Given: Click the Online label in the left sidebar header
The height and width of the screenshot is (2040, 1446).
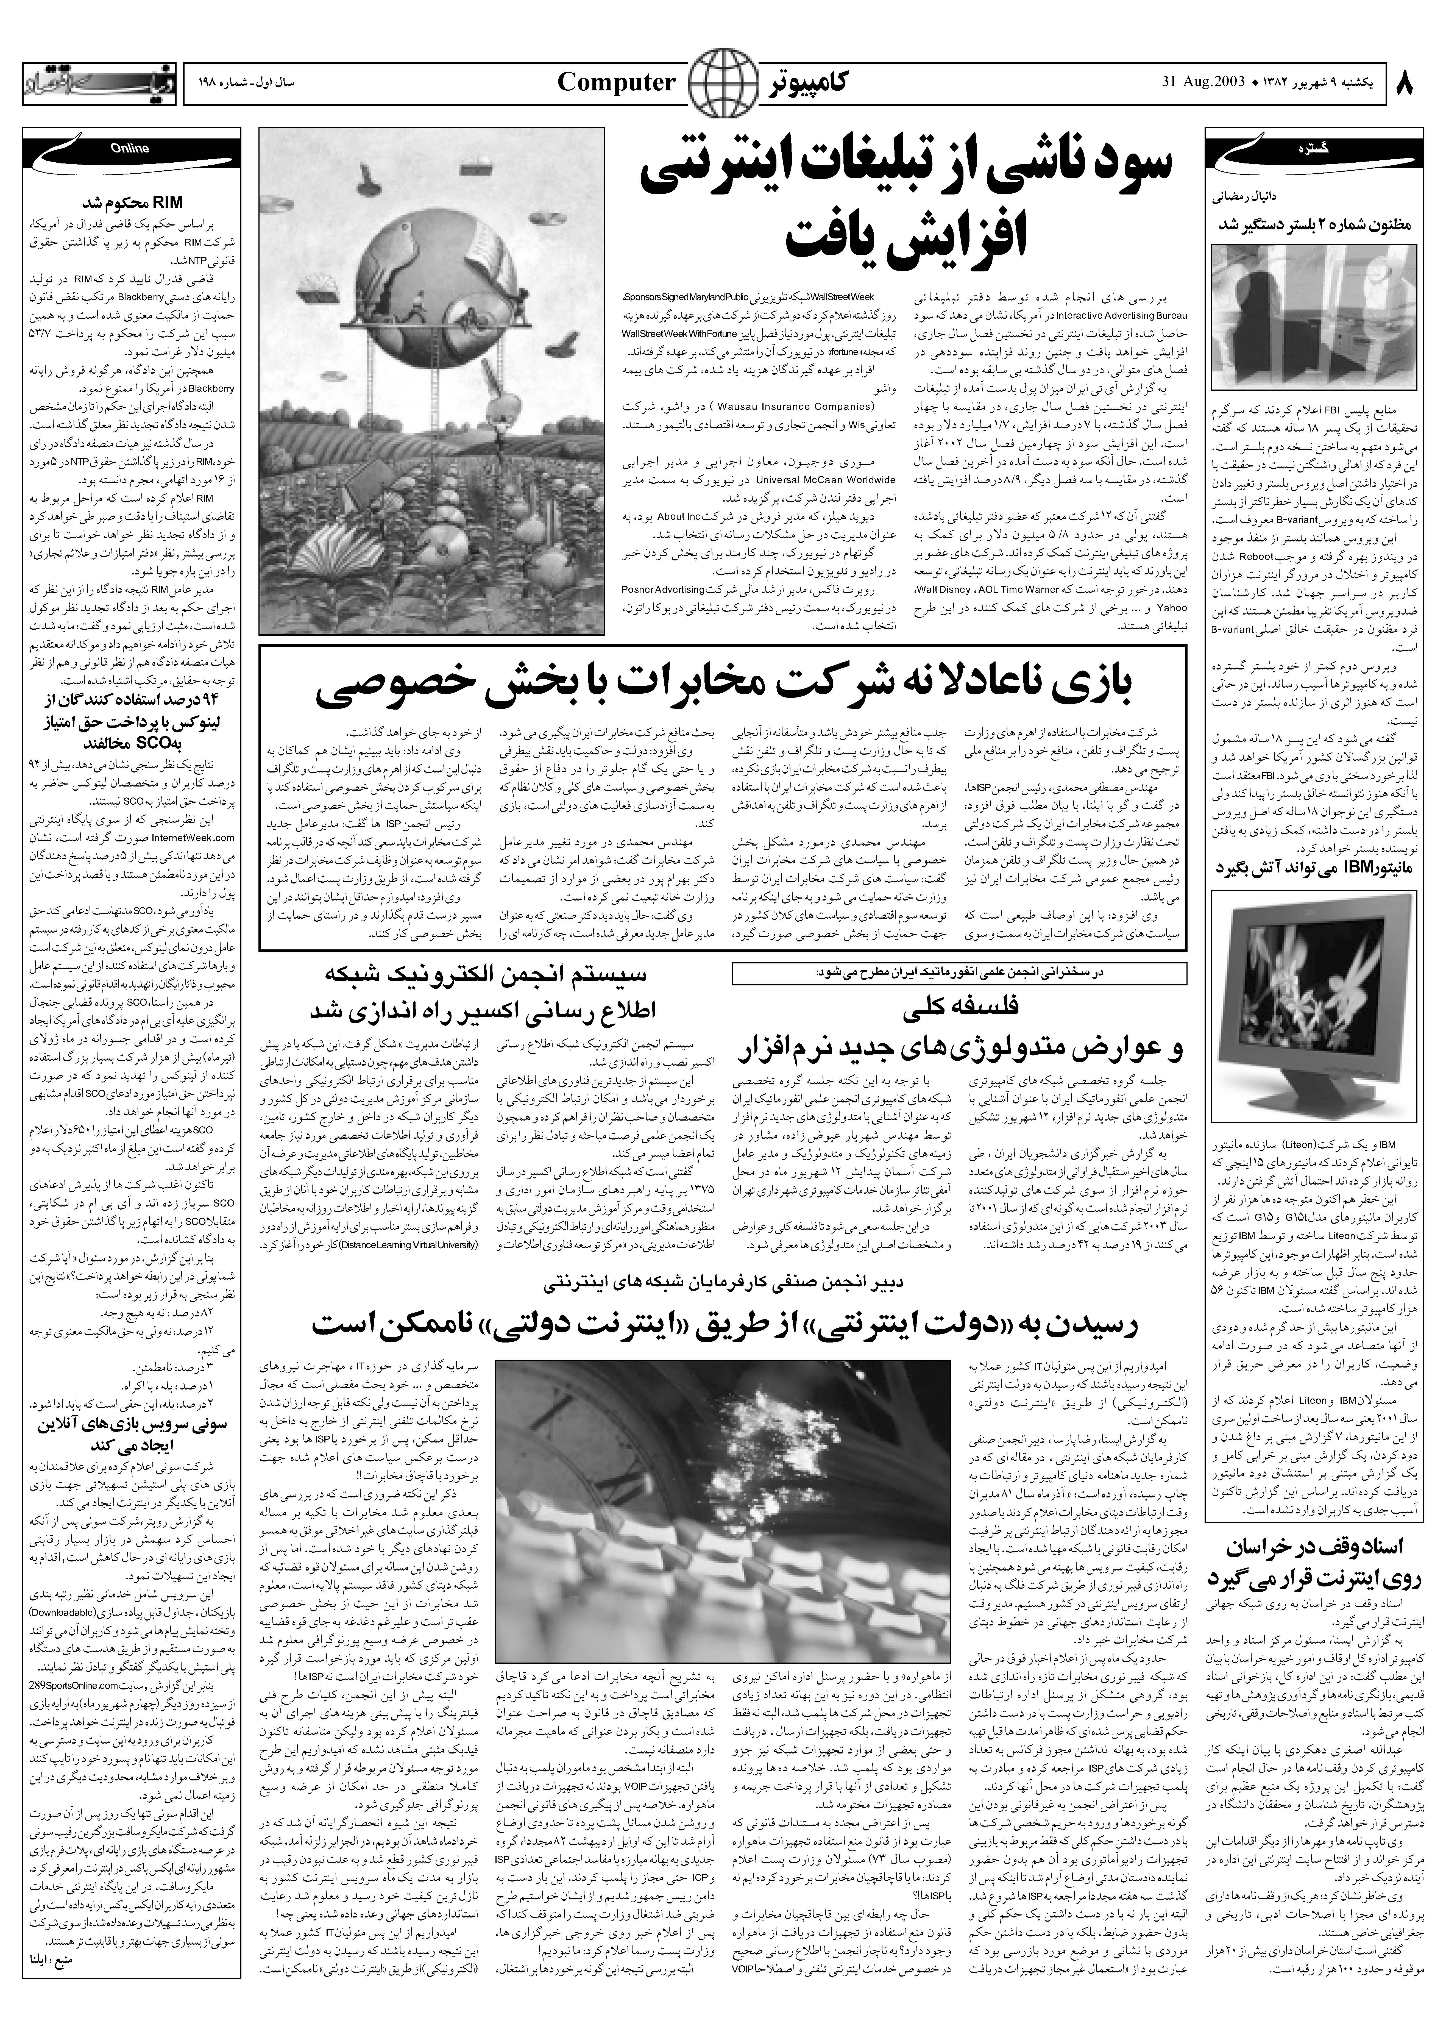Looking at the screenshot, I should coord(130,150).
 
